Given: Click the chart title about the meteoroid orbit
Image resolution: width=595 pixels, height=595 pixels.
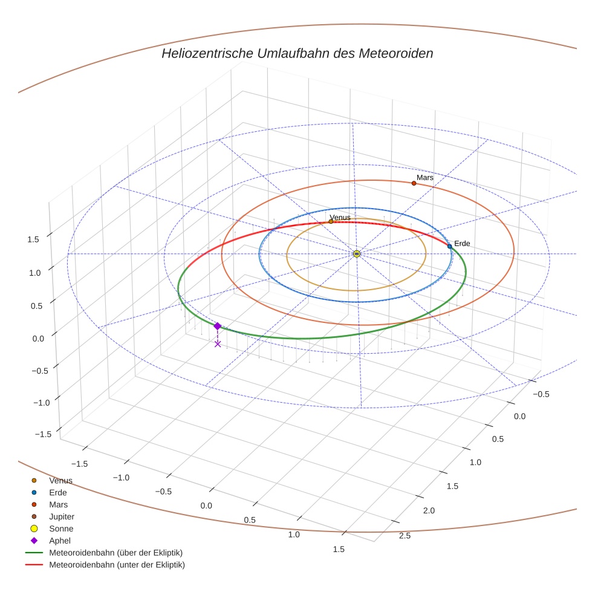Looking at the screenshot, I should [x=297, y=53].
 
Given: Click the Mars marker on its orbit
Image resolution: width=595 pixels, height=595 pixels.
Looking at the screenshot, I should [x=414, y=183].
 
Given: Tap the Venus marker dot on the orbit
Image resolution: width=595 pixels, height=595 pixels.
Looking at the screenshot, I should [x=331, y=221].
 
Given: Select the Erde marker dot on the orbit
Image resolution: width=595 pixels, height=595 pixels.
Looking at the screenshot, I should [x=449, y=246].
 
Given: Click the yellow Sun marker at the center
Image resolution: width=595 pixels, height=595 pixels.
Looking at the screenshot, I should [x=357, y=254].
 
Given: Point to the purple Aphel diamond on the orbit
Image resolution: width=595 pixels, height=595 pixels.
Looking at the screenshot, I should [x=217, y=326].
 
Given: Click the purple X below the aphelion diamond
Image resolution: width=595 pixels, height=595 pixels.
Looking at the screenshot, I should [x=218, y=344].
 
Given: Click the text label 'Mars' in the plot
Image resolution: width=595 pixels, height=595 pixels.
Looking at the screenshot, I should [x=425, y=177].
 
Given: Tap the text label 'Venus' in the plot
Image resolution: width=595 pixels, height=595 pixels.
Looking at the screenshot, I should [x=340, y=217].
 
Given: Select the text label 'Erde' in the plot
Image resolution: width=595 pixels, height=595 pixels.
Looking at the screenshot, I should [x=462, y=243].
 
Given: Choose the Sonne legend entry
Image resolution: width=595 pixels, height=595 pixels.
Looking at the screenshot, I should [x=61, y=528].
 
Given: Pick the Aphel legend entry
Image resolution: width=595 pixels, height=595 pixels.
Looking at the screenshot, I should [x=59, y=541].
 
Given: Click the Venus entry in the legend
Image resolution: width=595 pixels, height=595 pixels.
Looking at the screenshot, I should [x=60, y=480].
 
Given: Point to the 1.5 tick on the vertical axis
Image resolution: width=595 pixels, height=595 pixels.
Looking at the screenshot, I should [x=33, y=239].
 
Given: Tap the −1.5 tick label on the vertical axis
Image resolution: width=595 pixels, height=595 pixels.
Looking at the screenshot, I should [x=42, y=434].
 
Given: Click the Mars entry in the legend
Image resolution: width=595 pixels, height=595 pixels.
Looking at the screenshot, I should [x=58, y=504].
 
